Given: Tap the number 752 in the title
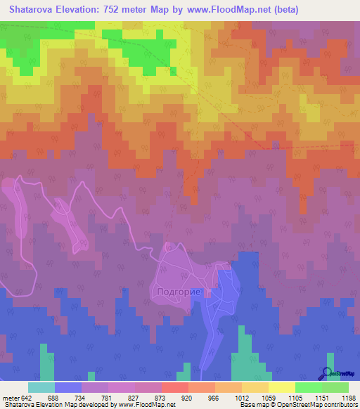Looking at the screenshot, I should (116, 10).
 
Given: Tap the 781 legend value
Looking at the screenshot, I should (108, 398).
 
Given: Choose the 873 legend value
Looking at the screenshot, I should (162, 398).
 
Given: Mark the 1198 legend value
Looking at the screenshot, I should (348, 398).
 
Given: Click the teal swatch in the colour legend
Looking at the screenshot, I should (41, 388).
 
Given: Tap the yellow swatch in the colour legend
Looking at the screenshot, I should (281, 388).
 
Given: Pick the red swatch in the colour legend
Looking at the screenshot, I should (174, 388).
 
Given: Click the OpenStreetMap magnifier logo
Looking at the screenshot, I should (327, 374).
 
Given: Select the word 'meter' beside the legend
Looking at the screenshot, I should (10, 398).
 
